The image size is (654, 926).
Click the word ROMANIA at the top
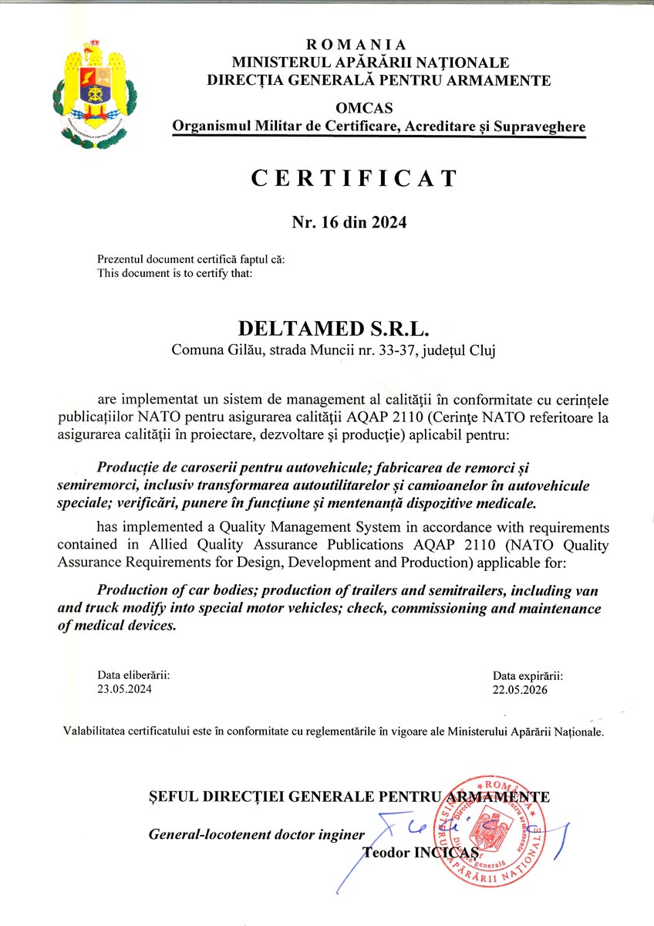(356, 46)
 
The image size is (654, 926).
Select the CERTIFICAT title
(354, 178)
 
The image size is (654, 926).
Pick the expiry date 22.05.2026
(520, 690)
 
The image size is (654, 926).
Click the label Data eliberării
(133, 675)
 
